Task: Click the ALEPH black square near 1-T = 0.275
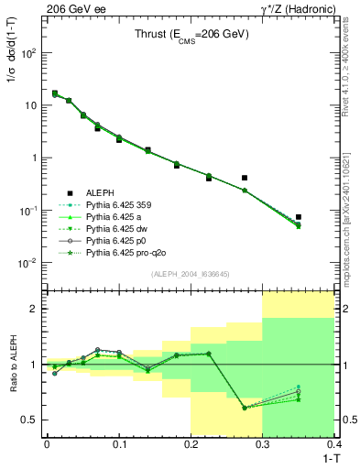[245, 178]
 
